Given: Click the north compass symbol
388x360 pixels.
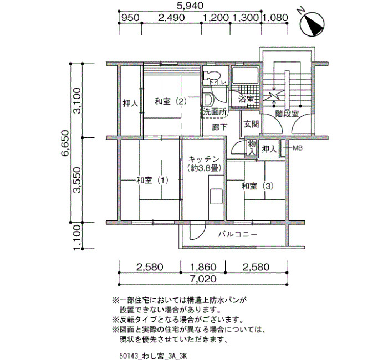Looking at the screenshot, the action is pyautogui.click(x=312, y=24).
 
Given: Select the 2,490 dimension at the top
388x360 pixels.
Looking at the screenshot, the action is pyautogui.click(x=171, y=18).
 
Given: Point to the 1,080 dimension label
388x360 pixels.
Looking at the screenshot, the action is pyautogui.click(x=275, y=18).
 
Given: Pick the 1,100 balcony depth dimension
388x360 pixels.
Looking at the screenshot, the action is pyautogui.click(x=78, y=238).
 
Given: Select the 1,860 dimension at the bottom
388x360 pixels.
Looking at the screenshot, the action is pyautogui.click(x=203, y=267).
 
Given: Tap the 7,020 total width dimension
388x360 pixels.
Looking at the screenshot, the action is pyautogui.click(x=203, y=279).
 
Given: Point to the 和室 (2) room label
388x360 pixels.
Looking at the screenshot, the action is pyautogui.click(x=170, y=101).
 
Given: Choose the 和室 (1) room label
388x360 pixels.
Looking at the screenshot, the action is pyautogui.click(x=152, y=180).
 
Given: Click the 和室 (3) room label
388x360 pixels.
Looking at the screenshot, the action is pyautogui.click(x=257, y=186).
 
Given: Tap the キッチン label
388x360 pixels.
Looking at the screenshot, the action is pyautogui.click(x=203, y=159).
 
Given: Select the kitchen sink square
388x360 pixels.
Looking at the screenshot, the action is pyautogui.click(x=216, y=197).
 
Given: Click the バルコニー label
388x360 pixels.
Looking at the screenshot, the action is pyautogui.click(x=238, y=234).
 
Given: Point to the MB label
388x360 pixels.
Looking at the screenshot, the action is pyautogui.click(x=298, y=148).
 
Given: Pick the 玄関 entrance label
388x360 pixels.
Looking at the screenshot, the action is pyautogui.click(x=251, y=124).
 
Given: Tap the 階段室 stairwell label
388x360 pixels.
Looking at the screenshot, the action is pyautogui.click(x=287, y=114).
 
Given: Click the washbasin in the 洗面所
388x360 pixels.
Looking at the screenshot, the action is pyautogui.click(x=208, y=100).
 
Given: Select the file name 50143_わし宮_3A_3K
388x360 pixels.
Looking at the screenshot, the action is pyautogui.click(x=154, y=356).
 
